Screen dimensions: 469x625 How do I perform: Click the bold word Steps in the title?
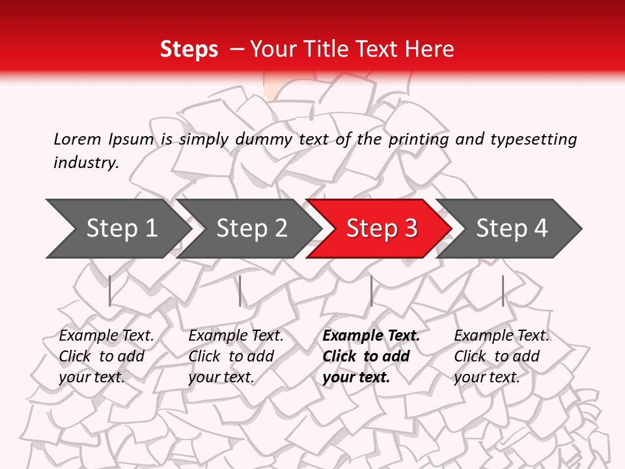pyautogui.click(x=189, y=50)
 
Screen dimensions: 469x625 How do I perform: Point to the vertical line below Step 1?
pyautogui.click(x=110, y=291)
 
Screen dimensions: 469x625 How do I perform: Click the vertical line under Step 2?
pyautogui.click(x=240, y=291)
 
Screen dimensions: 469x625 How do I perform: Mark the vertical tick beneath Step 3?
pyautogui.click(x=371, y=291)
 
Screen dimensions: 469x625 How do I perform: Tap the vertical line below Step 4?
pyautogui.click(x=503, y=291)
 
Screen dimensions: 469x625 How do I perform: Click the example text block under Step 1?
pyautogui.click(x=106, y=356)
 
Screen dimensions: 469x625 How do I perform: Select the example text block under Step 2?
pyautogui.click(x=236, y=356)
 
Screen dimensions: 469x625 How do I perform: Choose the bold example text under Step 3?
pyautogui.click(x=371, y=356)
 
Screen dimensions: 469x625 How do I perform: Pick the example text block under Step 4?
pyautogui.click(x=501, y=356)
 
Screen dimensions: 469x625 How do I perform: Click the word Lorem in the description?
pyautogui.click(x=77, y=139)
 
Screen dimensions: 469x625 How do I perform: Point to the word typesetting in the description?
pyautogui.click(x=533, y=139)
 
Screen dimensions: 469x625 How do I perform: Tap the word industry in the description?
pyautogui.click(x=86, y=163)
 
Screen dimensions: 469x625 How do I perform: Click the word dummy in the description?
pyautogui.click(x=264, y=139)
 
